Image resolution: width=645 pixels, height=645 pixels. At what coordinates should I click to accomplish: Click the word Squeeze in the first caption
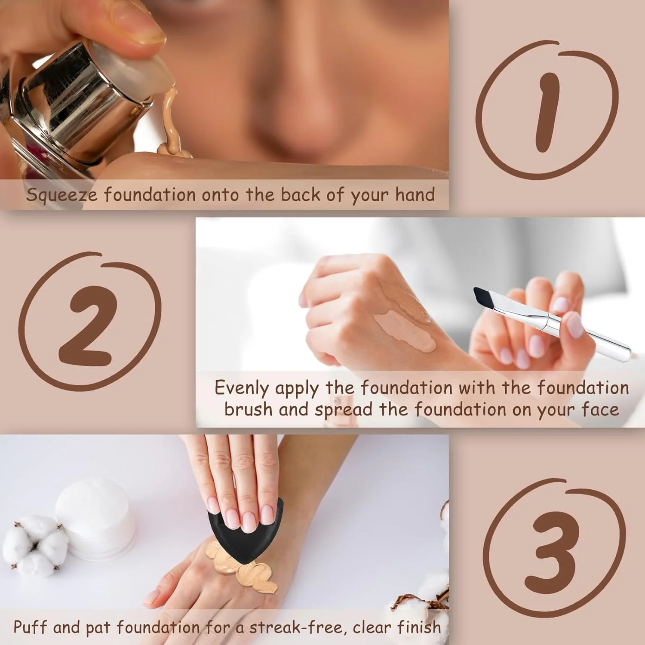[62, 195]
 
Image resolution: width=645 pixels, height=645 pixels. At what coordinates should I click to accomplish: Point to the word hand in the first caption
[415, 194]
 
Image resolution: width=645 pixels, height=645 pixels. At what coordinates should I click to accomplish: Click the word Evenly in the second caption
[243, 388]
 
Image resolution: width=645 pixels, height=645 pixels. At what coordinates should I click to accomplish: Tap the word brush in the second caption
[248, 409]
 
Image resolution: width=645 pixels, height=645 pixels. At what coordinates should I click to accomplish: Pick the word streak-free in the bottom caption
[296, 627]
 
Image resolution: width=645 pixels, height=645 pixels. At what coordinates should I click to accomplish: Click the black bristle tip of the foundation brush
[484, 297]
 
